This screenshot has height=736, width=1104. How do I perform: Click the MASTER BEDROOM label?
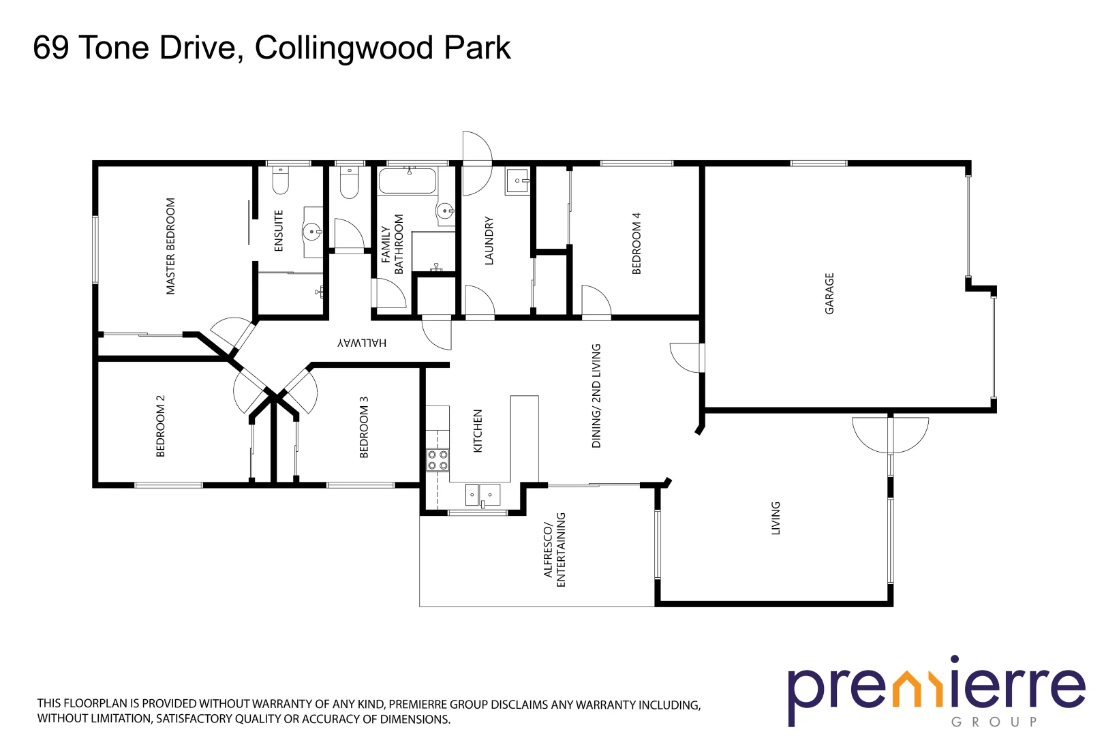(x=170, y=246)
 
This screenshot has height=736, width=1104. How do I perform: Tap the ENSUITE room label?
(x=279, y=230)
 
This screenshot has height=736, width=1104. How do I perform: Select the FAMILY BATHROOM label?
(x=392, y=245)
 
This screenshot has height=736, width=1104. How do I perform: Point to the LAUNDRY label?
(x=489, y=241)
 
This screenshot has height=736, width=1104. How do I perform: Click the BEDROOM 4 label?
(x=637, y=243)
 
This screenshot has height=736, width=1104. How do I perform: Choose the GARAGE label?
(x=829, y=293)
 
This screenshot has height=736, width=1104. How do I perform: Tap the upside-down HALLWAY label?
(x=362, y=343)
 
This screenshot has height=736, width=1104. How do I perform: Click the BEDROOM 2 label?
(x=161, y=426)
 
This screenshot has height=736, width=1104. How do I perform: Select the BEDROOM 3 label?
(x=364, y=427)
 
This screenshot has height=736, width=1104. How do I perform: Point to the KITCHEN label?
(x=478, y=431)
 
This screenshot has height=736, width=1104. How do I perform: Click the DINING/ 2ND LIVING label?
(x=596, y=395)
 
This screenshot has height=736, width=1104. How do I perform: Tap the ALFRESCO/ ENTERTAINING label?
(x=555, y=550)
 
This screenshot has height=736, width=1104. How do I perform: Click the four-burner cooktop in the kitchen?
(x=438, y=460)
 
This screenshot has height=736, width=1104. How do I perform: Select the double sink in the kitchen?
(x=482, y=495)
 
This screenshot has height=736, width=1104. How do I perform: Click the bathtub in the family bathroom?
(x=407, y=181)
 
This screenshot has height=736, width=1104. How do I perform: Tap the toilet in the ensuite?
(x=281, y=180)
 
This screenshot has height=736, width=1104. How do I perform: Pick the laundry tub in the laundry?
(x=517, y=181)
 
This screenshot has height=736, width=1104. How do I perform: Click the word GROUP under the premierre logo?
(x=994, y=722)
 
